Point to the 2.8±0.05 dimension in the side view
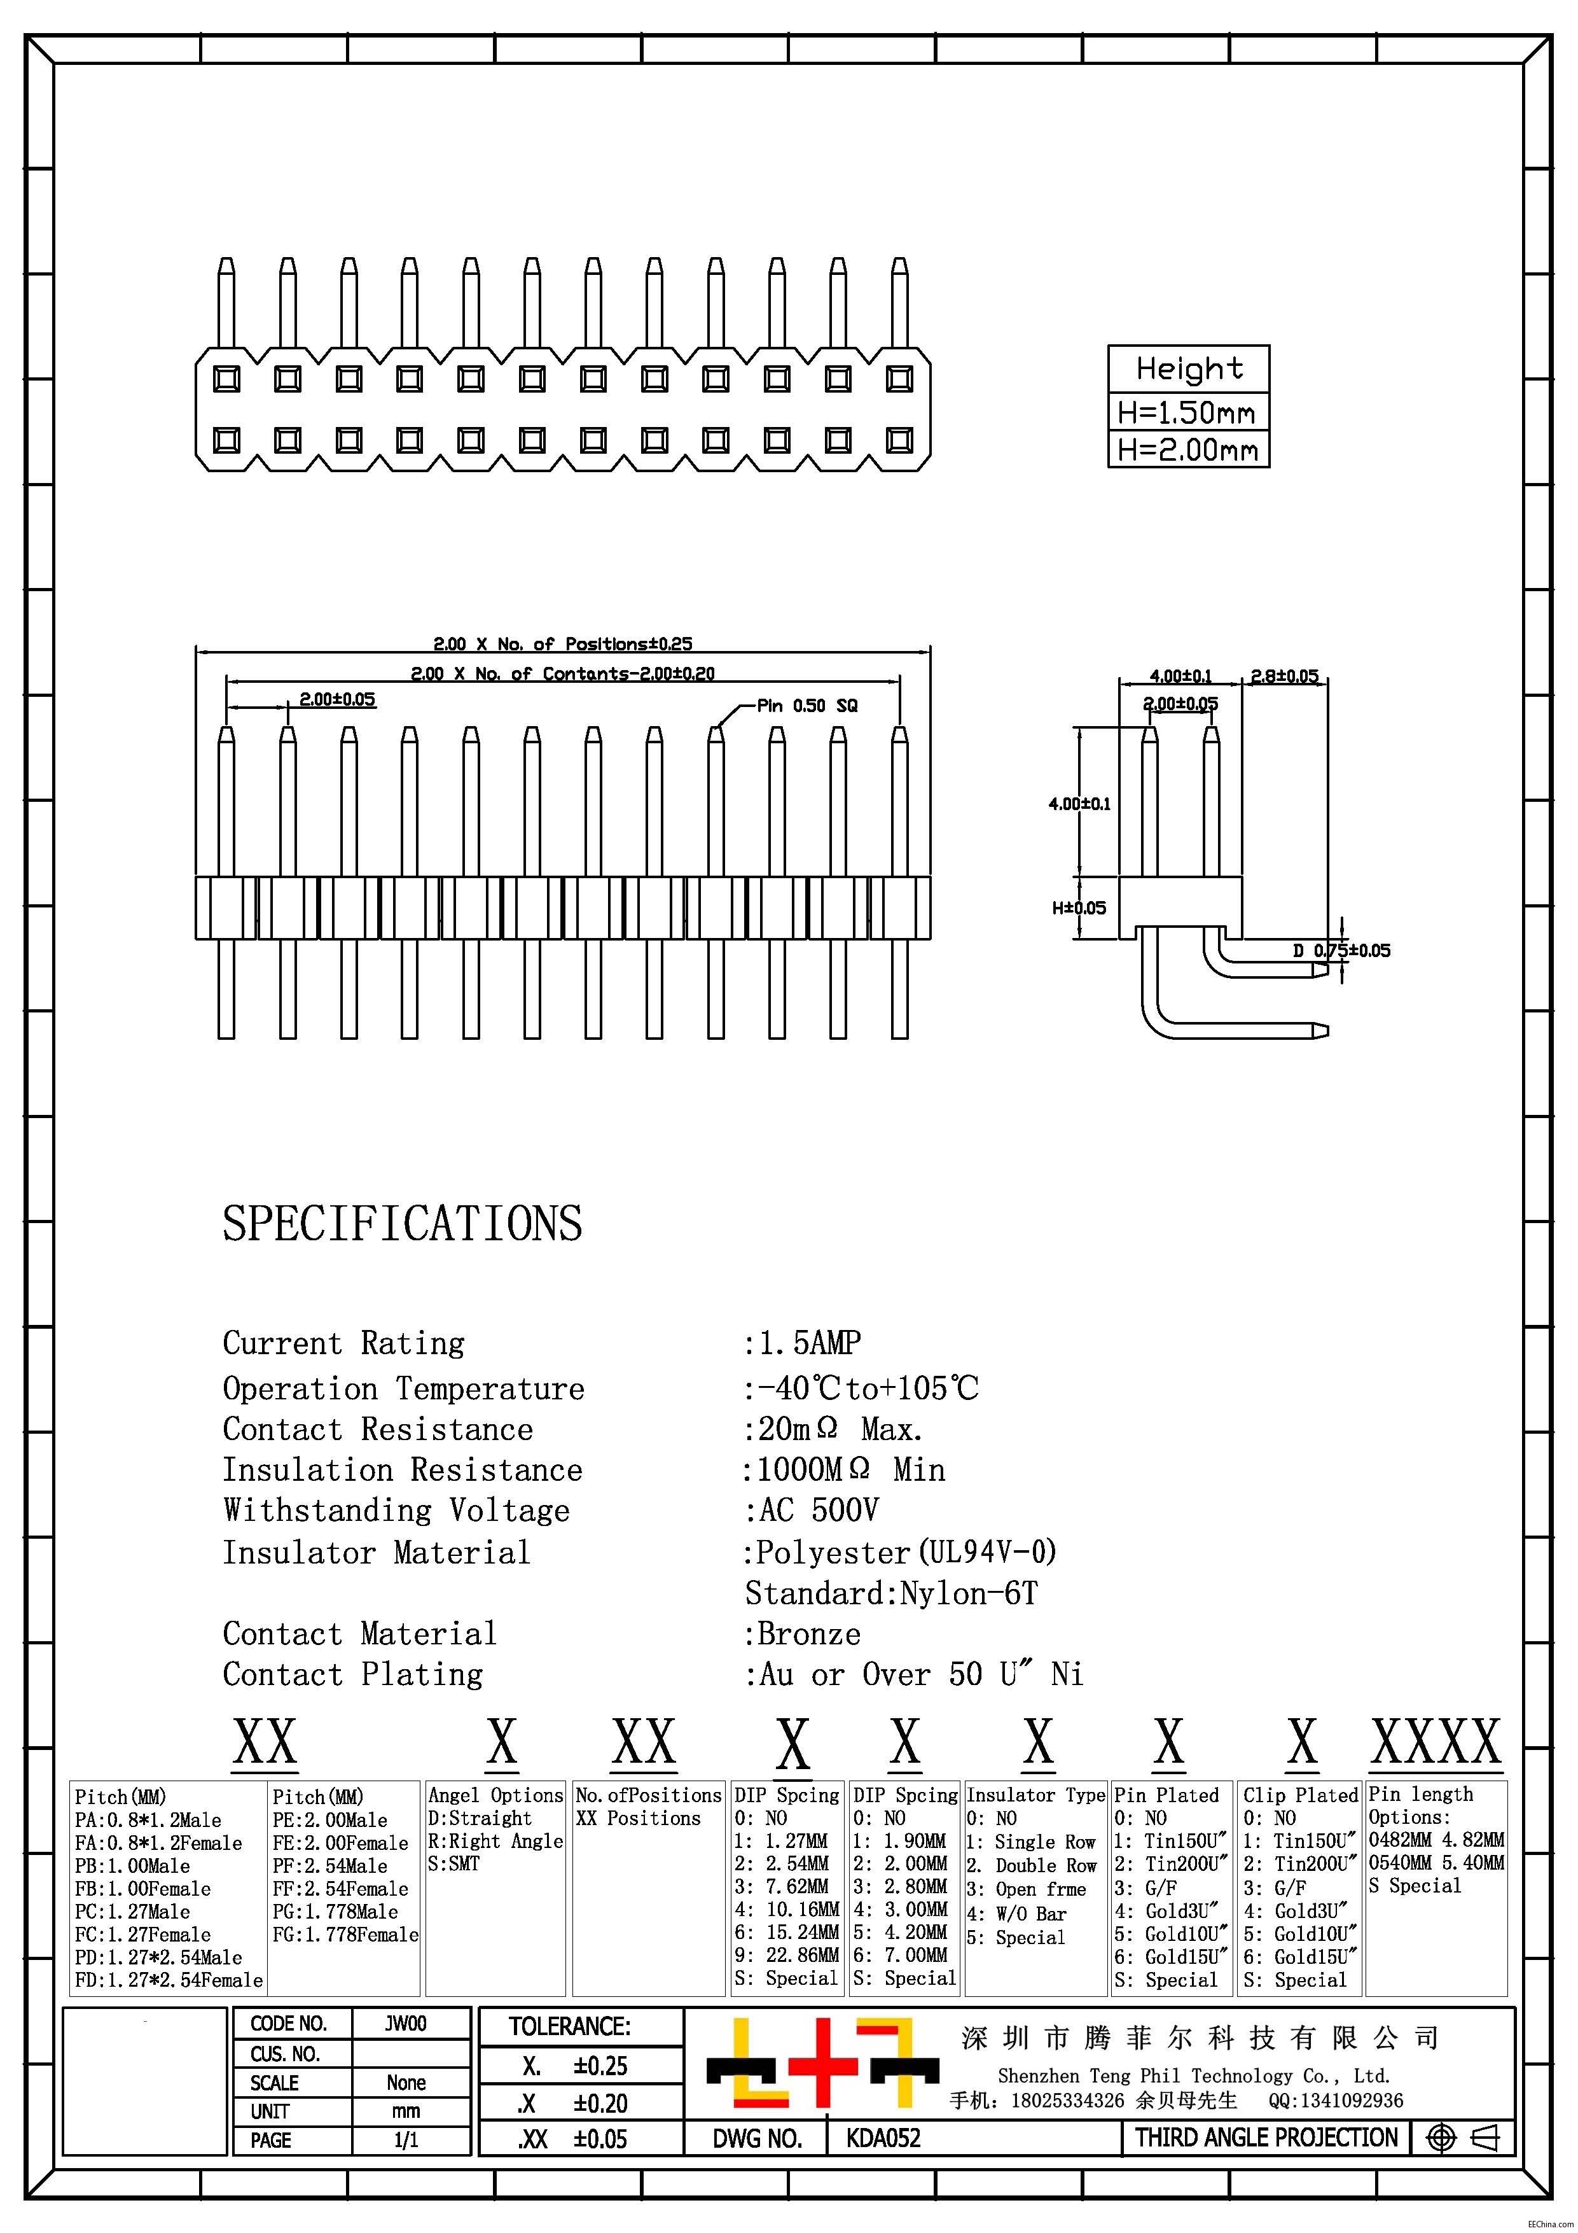tap(1284, 676)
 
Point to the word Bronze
tap(809, 1634)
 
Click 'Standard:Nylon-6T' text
tap(890, 1593)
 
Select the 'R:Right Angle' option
tap(495, 1841)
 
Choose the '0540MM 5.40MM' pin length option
tap(1436, 1863)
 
